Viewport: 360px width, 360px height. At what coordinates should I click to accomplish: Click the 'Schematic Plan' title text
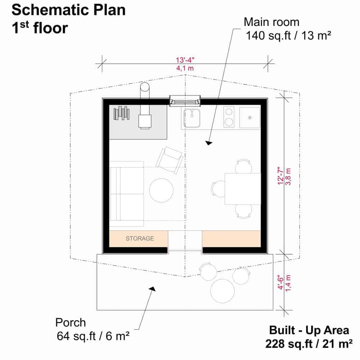(68, 10)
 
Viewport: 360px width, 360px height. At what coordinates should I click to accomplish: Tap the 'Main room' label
(271, 22)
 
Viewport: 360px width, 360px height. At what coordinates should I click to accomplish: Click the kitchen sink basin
(192, 118)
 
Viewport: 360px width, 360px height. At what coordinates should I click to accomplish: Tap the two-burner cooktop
(229, 117)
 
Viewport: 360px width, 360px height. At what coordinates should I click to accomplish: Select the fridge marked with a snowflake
(249, 117)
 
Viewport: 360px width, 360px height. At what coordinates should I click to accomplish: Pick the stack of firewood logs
(121, 113)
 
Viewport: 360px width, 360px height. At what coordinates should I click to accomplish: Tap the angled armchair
(170, 160)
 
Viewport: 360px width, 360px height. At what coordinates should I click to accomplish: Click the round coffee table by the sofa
(161, 190)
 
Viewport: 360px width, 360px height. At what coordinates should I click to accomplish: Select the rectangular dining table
(243, 189)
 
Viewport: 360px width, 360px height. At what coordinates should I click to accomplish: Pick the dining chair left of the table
(218, 189)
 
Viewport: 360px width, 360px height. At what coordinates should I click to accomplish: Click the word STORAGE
(140, 238)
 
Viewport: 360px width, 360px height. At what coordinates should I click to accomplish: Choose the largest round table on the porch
(222, 291)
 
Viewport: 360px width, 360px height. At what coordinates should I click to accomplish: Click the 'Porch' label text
(71, 322)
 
